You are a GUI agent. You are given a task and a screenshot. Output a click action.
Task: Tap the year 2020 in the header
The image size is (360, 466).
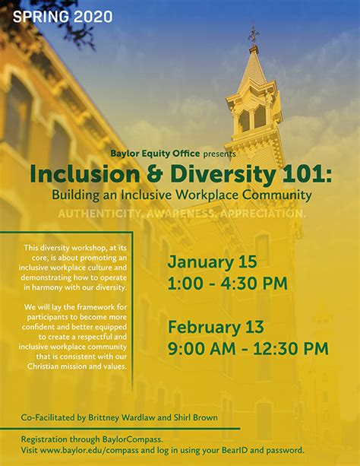pos(93,16)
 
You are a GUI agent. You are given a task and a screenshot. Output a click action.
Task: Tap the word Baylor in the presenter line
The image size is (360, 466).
pos(125,154)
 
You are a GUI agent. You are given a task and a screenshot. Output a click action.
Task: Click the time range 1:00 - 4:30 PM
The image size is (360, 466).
pos(227,284)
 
